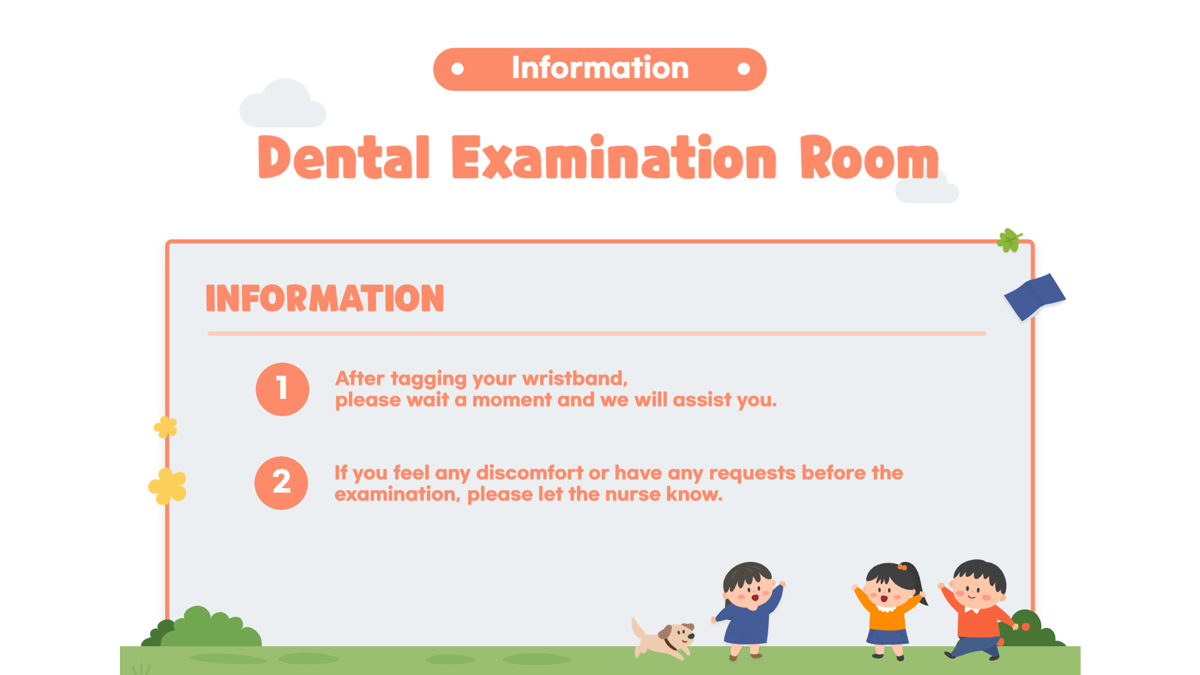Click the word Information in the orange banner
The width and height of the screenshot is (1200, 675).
coord(600,67)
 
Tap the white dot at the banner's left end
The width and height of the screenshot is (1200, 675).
coord(457,69)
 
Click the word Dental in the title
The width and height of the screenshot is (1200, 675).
coord(344,157)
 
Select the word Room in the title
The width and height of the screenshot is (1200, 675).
coord(869,157)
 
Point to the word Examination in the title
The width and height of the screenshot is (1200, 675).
coord(614,157)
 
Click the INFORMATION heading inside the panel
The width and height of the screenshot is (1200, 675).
coord(325,298)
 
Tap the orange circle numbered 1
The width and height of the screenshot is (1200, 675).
coord(282,389)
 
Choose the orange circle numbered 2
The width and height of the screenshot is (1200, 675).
coord(281,482)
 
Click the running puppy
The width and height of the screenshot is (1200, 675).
coord(663,638)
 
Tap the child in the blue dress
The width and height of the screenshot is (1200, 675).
coord(748,610)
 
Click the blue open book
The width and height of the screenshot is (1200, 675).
coord(1034,296)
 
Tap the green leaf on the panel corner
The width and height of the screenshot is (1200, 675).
coord(1009,240)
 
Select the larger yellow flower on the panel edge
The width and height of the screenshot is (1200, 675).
coord(167,486)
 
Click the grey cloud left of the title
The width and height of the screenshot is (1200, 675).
coord(282,104)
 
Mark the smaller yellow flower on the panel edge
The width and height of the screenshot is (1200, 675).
coord(166,427)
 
